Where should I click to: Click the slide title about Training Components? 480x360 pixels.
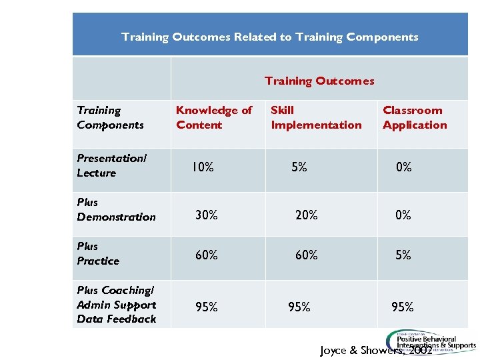[270, 37]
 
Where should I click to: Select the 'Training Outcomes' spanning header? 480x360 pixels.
[319, 81]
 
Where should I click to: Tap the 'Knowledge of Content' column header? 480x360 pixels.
[214, 117]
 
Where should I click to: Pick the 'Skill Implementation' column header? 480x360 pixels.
[316, 117]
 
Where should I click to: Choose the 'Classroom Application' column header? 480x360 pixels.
[415, 117]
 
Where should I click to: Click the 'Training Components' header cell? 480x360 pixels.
[110, 117]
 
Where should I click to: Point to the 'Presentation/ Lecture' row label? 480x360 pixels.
[111, 165]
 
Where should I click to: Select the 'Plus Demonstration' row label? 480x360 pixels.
[116, 209]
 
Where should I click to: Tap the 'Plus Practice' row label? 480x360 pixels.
[98, 253]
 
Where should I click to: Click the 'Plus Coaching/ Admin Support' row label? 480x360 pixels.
[116, 305]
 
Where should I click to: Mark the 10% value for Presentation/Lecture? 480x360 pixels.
[203, 167]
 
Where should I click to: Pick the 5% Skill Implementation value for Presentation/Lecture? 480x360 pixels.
[299, 167]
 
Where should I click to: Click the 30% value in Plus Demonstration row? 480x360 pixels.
[206, 215]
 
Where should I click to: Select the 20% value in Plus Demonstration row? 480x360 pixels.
[307, 215]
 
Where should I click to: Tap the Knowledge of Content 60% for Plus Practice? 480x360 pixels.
[206, 255]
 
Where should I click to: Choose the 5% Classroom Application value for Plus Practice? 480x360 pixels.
[403, 255]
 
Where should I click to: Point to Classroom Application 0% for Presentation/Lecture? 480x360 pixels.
[403, 167]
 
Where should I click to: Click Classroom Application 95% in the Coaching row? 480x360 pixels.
[403, 307]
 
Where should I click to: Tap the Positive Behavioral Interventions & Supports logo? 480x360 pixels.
[431, 340]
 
